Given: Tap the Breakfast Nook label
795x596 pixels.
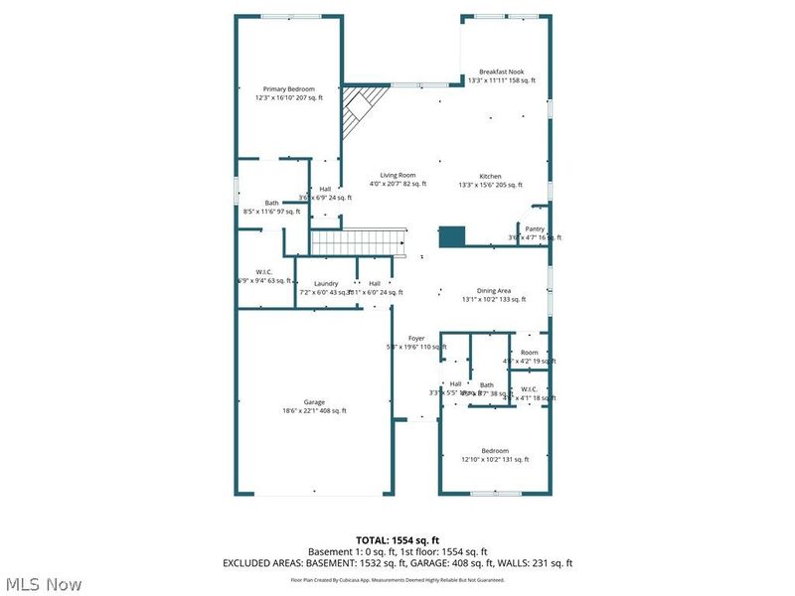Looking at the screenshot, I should pyautogui.click(x=501, y=72).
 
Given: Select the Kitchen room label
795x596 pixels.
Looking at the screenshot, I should pyautogui.click(x=490, y=176).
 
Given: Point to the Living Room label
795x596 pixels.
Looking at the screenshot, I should pyautogui.click(x=397, y=175).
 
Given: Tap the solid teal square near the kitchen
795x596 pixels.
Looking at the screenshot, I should pyautogui.click(x=452, y=236).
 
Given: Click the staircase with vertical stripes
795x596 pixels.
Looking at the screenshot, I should pyautogui.click(x=359, y=242).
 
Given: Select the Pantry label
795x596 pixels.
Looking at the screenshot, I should pyautogui.click(x=535, y=228).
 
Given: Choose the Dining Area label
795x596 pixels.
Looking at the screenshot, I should pyautogui.click(x=493, y=291).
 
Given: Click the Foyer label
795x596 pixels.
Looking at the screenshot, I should pyautogui.click(x=416, y=339).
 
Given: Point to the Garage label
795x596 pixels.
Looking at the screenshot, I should pyautogui.click(x=314, y=402).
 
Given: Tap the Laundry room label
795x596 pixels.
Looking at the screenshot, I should pyautogui.click(x=326, y=284).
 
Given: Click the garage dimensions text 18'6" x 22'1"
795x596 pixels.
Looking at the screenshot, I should pyautogui.click(x=314, y=411).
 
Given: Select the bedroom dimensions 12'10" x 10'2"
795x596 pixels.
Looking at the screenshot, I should pyautogui.click(x=495, y=459).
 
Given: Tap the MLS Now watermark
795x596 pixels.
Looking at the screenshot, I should pyautogui.click(x=44, y=584).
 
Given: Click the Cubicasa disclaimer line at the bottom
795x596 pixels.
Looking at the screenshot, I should pyautogui.click(x=397, y=578).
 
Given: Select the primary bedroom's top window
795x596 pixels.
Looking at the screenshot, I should pyautogui.click(x=290, y=16).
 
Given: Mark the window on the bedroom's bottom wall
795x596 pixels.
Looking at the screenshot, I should pyautogui.click(x=496, y=493).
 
